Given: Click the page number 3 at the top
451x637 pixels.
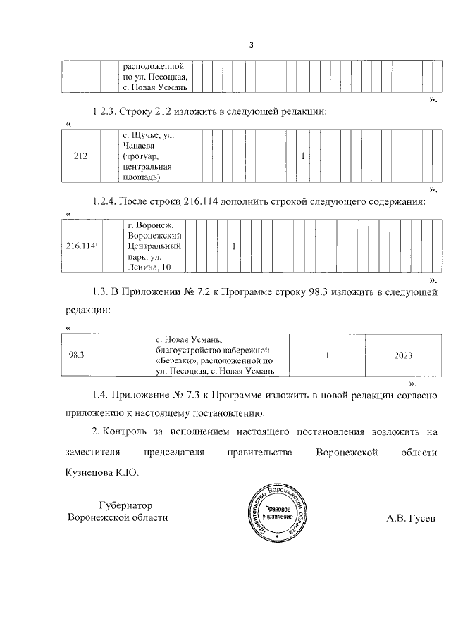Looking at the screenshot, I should tap(251, 46).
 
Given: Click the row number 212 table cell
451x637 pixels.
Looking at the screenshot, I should tap(80, 156).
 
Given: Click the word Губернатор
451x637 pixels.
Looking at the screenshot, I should tap(126, 505).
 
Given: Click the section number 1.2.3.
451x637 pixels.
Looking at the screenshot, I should tap(105, 112).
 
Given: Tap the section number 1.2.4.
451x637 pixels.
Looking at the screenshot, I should tap(105, 203).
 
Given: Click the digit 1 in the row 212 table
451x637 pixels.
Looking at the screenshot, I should tap(302, 156).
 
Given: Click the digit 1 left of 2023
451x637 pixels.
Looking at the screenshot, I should tap(328, 355).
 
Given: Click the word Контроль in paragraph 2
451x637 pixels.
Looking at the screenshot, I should tap(129, 431).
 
